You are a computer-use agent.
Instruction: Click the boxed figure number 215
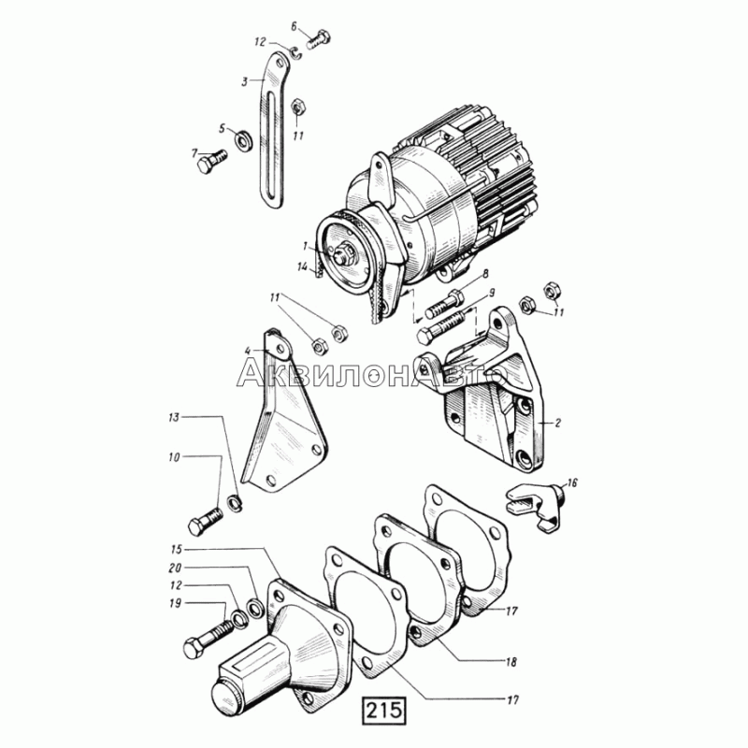click(385, 711)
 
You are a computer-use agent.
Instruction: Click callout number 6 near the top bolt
click(294, 27)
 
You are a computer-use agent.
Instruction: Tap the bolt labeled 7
click(212, 160)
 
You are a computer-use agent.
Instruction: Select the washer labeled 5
click(243, 138)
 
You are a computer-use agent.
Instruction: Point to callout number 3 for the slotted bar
click(244, 81)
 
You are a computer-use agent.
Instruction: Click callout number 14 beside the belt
click(303, 267)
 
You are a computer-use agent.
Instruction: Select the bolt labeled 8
click(444, 306)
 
